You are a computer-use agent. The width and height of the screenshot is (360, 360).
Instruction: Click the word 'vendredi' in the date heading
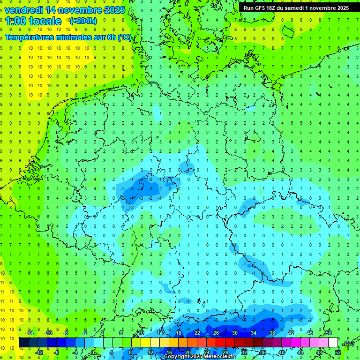[x=24, y=9]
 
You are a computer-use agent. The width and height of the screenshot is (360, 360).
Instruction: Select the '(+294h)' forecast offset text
[x=83, y=21]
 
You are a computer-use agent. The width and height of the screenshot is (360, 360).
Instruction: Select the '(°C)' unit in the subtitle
[x=124, y=37]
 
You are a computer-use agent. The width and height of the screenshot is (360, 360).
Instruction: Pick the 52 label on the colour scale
[x=338, y=352]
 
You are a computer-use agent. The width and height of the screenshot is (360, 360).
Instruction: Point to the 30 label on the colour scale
[x=235, y=333]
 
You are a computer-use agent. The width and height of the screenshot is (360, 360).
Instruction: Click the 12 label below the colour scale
[x=150, y=352]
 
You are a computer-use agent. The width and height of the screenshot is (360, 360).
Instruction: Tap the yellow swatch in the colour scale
[x=155, y=343]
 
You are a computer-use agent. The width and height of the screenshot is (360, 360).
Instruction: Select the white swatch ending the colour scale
[x=333, y=343]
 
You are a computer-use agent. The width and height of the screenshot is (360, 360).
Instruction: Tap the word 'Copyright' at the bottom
[x=178, y=357]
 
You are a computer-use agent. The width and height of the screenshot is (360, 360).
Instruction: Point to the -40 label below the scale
[x=282, y=352]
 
